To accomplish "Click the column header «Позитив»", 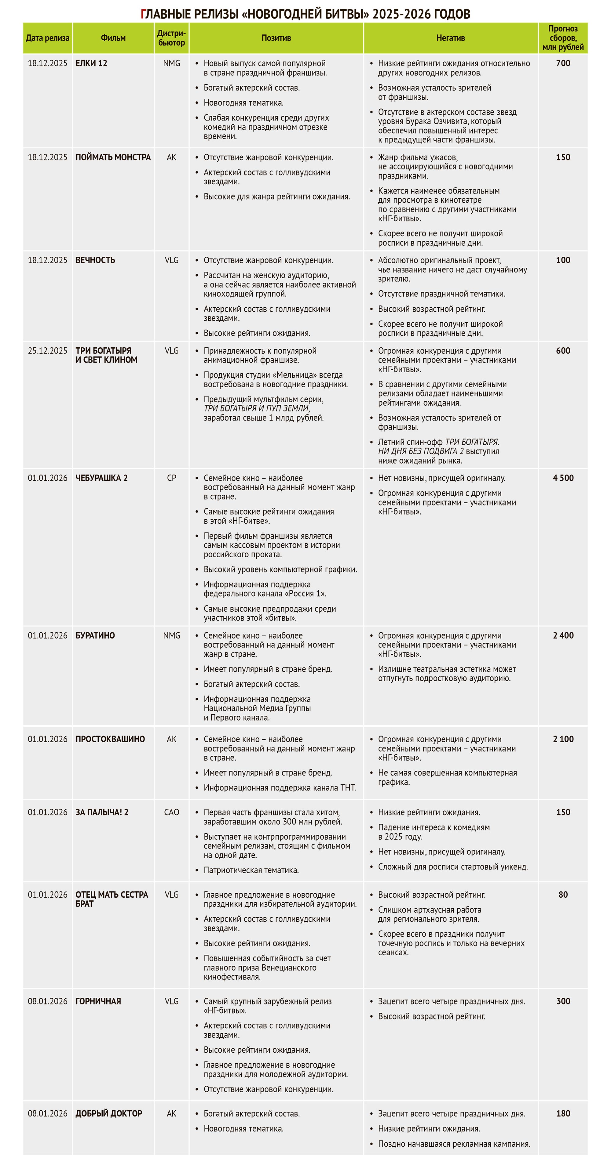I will coord(276,38).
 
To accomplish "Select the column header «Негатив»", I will coord(450,38).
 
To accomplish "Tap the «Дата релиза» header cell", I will coord(48,38).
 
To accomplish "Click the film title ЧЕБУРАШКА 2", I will coord(101,478).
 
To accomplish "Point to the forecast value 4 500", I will coord(563,478).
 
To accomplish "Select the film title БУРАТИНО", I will coord(95,635).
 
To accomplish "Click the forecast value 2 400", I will coord(563,635).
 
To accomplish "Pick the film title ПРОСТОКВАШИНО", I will coord(110,739).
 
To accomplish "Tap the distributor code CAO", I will coord(171,812).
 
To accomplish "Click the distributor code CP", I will coord(171,478).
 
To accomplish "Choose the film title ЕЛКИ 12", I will coord(91,63).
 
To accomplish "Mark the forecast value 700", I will coord(563,63).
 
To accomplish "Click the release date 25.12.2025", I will coord(48,351).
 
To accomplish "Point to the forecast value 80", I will coord(563,895).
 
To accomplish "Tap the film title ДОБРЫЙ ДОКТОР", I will coord(109,1113).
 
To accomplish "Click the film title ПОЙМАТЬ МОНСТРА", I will coord(113,157).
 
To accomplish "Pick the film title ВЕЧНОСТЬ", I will coord(95,260).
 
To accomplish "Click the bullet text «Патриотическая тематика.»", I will coord(251,870).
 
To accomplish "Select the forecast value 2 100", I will coord(563,739).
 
